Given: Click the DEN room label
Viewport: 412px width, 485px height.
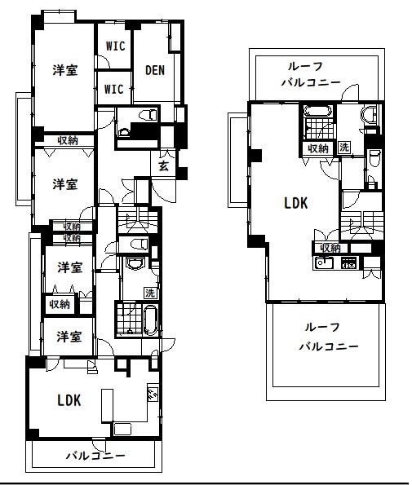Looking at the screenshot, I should click(x=155, y=71).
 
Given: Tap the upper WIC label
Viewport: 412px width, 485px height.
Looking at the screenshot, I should click(x=114, y=46).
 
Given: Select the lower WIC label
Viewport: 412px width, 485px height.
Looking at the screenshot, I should click(x=114, y=89).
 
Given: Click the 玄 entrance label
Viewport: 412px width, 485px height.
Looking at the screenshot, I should click(x=163, y=166).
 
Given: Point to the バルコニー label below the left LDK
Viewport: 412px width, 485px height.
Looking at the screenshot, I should click(x=95, y=456).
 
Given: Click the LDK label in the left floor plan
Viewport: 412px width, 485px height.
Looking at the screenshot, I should click(x=69, y=400).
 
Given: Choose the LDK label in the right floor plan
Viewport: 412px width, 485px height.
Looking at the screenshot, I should click(x=295, y=203).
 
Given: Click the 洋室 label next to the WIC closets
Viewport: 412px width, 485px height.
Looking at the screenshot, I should click(x=65, y=71).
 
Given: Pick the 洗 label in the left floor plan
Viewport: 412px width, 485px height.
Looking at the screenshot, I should click(x=149, y=293).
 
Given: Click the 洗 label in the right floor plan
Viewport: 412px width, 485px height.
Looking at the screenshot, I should click(x=344, y=148).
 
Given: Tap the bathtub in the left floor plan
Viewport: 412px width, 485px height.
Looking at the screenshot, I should click(x=152, y=320).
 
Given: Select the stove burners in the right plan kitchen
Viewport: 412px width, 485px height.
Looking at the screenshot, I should click(x=349, y=262).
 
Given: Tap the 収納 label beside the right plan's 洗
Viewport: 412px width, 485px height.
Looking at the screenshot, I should click(x=318, y=148).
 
